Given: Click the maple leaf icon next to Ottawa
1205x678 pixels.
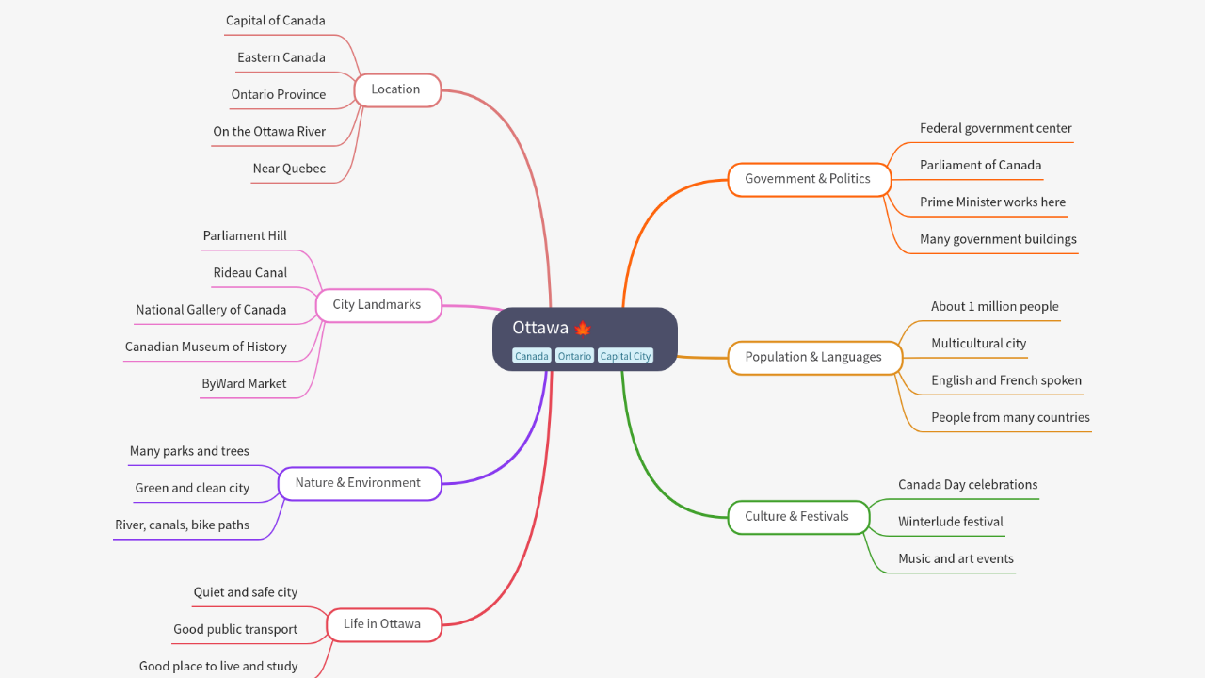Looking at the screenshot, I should click(x=582, y=329).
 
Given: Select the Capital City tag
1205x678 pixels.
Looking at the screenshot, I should click(x=625, y=356).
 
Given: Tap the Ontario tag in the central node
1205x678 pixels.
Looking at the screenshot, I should click(x=574, y=356).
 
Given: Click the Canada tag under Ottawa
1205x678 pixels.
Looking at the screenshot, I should click(x=531, y=356).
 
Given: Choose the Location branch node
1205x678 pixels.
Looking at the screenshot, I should click(x=396, y=89).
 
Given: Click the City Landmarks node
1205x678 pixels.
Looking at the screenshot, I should click(x=377, y=305).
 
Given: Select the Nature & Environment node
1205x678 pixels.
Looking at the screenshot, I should click(x=358, y=483).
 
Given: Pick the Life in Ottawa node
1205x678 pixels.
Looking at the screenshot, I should click(x=382, y=624).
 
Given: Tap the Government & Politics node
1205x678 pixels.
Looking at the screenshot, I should click(x=808, y=179).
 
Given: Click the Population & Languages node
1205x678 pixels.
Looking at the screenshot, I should click(x=813, y=357).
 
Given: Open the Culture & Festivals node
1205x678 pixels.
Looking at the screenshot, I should click(x=796, y=516).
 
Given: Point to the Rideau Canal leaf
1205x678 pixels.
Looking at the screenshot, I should click(x=250, y=273).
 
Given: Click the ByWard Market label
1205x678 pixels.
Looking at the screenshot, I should click(x=244, y=384).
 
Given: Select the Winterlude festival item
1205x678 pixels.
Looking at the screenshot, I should click(x=950, y=522).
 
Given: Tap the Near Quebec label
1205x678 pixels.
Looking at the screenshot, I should click(x=289, y=169).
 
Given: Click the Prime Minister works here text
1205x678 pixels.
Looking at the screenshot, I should click(x=992, y=202).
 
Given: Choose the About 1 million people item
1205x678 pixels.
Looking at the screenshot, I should click(x=994, y=307).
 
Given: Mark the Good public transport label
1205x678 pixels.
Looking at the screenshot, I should click(x=235, y=630).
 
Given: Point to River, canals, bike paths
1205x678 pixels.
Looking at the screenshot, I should click(x=183, y=525).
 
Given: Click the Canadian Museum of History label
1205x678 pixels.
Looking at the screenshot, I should click(x=206, y=347).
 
